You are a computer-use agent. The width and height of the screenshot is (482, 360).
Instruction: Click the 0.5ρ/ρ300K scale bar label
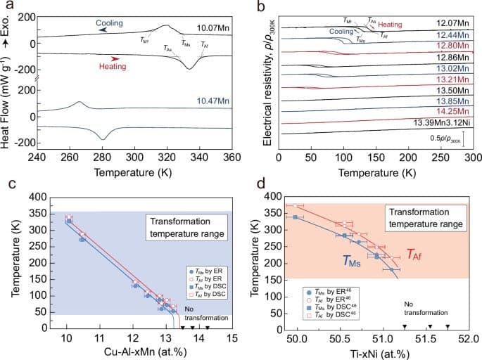coord(445,139)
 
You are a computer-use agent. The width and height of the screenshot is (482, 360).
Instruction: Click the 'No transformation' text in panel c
coord(207,314)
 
